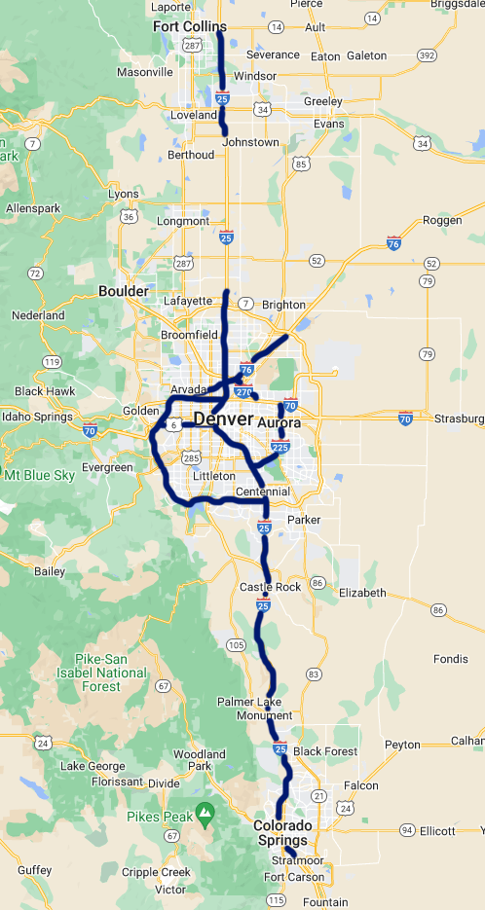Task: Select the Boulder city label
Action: pos(124,291)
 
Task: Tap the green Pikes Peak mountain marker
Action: pos(205,810)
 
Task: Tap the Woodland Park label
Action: pos(199,760)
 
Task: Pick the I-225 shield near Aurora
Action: pos(281,447)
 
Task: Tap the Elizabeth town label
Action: pos(361,593)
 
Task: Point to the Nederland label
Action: pos(37,315)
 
